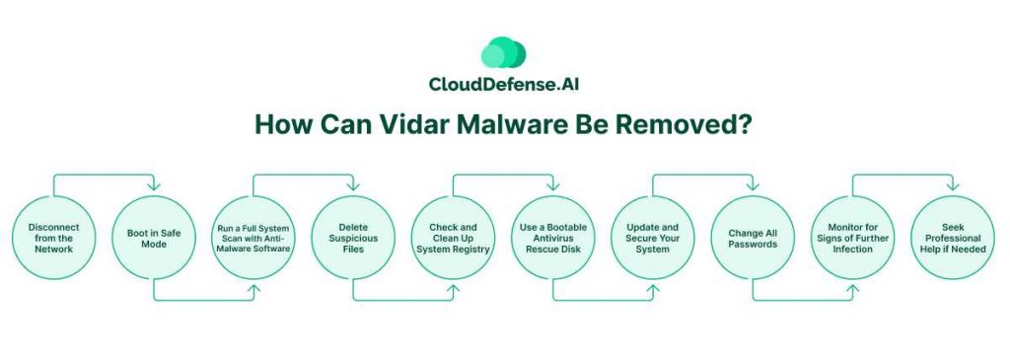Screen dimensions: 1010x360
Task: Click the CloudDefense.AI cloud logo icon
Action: pos(504,52)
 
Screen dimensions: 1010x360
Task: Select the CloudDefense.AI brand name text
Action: pos(504,84)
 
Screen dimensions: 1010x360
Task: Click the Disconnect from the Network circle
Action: pos(54,238)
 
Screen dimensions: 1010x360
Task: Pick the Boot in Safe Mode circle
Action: pos(154,238)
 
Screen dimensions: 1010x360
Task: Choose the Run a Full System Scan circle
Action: pos(253,238)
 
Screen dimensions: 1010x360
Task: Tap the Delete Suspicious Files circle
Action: pos(354,238)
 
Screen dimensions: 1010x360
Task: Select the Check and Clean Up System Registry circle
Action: pos(453,238)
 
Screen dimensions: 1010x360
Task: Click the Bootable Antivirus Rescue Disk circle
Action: pos(552,238)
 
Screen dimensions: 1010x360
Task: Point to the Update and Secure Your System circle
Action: pos(653,238)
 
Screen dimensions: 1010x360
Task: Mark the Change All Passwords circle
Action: pos(753,238)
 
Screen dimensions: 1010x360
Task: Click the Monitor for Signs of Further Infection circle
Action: pos(852,238)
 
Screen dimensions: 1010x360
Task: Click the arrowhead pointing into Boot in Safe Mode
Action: pos(153,186)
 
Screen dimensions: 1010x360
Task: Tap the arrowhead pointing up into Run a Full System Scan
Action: pos(253,289)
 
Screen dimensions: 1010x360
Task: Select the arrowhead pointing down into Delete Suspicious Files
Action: pos(353,186)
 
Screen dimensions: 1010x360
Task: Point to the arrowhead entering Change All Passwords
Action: pos(752,186)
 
